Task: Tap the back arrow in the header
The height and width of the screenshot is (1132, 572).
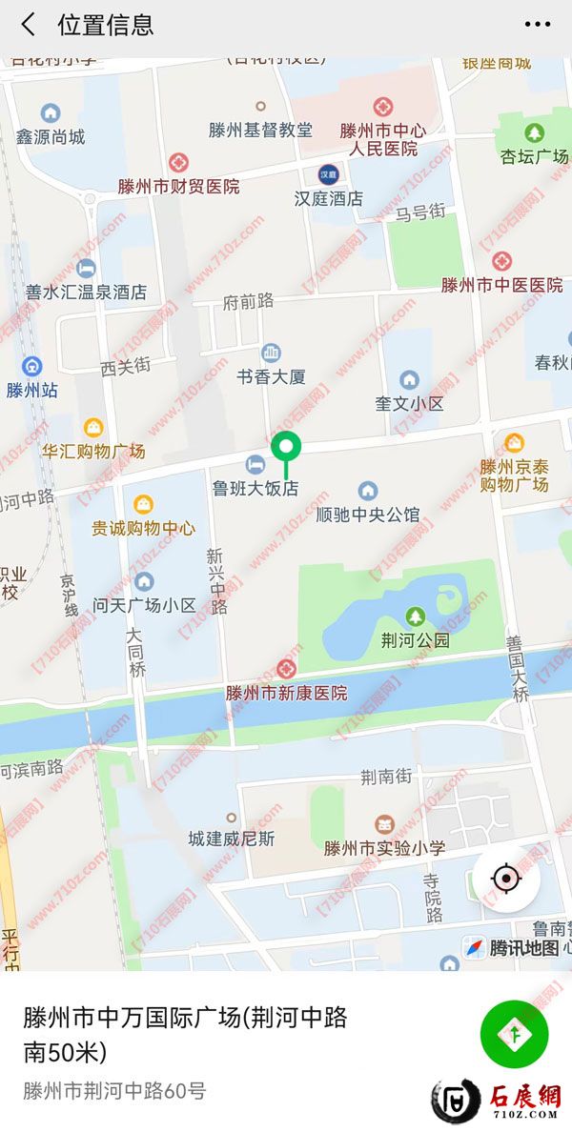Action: click(x=29, y=25)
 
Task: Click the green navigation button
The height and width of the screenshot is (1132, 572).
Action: click(x=514, y=1034)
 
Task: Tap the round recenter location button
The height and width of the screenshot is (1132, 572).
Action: click(x=506, y=878)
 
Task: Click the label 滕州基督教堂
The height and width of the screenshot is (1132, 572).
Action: click(x=260, y=130)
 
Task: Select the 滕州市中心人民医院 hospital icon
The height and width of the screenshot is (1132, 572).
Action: click(x=383, y=107)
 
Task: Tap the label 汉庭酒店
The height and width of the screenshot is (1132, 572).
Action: click(x=329, y=198)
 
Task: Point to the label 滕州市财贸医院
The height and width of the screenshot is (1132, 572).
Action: click(x=179, y=187)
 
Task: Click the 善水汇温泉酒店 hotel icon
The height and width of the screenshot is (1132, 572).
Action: click(x=87, y=268)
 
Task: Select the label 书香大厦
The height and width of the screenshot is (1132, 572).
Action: click(x=272, y=376)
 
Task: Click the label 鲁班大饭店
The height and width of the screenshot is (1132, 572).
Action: click(x=255, y=488)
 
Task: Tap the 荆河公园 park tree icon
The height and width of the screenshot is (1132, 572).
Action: click(x=415, y=617)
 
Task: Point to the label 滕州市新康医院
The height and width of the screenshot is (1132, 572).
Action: click(x=286, y=693)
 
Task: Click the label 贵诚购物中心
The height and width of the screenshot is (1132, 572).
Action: click(x=143, y=527)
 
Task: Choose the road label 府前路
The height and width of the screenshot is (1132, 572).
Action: click(x=248, y=301)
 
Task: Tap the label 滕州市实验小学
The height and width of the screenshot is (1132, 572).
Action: click(x=384, y=847)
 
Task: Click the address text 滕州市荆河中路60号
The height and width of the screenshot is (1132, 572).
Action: click(x=114, y=1091)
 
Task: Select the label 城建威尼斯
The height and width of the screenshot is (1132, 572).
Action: click(x=231, y=839)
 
